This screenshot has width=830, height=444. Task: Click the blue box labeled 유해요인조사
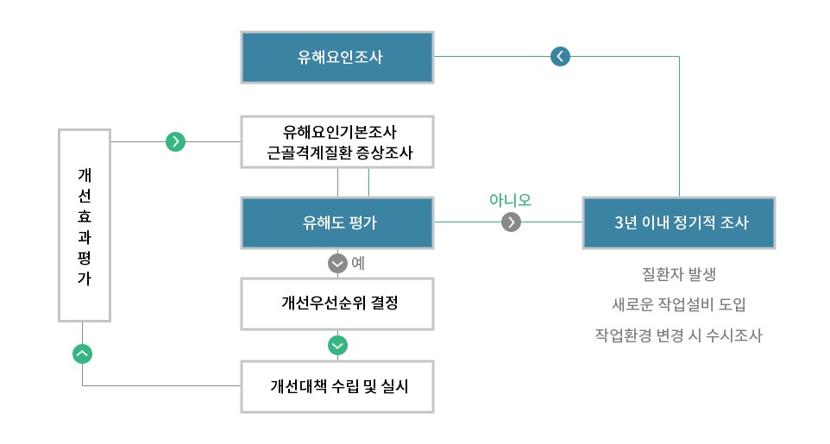[337, 58]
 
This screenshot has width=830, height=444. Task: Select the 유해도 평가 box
[337, 222]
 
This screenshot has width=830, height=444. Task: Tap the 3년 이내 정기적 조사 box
[680, 222]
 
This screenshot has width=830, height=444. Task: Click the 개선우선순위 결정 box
[337, 303]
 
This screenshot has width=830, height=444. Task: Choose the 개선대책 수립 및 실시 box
[337, 385]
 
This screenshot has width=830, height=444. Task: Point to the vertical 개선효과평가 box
[85, 224]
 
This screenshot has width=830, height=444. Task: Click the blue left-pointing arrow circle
[561, 57]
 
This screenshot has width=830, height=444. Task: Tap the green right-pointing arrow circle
[176, 141]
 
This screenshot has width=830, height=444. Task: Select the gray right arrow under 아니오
[512, 222]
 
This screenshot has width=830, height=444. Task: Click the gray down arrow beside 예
[338, 263]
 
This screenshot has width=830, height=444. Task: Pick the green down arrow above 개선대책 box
[338, 345]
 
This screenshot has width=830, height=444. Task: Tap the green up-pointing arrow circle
[82, 353]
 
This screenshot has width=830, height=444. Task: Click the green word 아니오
[510, 200]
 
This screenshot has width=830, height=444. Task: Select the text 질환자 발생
[679, 275]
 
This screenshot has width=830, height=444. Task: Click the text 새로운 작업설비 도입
[679, 304]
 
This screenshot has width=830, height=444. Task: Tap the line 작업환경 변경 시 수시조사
[679, 335]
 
